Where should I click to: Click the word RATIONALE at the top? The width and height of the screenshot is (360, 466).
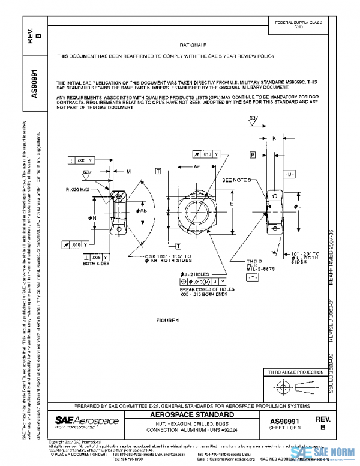[x=193, y=45]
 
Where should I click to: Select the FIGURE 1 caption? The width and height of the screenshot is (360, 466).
[x=168, y=321]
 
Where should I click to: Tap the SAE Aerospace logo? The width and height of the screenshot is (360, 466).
[x=79, y=422]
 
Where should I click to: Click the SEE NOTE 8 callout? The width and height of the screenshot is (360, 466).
[x=238, y=180]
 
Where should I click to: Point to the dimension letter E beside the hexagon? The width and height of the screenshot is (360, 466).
[x=232, y=204]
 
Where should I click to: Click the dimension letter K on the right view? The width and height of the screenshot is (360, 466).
[x=274, y=138]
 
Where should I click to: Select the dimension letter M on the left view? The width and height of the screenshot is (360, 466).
[x=129, y=172]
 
